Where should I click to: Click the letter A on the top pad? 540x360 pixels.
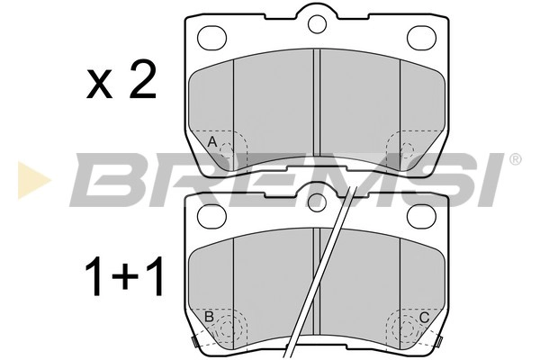click(212, 143)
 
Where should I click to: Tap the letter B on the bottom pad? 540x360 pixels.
click(209, 317)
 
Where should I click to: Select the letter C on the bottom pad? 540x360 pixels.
click(424, 317)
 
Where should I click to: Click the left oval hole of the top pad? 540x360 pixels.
click(212, 37)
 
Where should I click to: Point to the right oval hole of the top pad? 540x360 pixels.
click(421, 37)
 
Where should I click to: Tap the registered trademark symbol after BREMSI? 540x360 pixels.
click(515, 159)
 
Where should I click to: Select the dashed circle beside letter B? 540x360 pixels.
click(229, 328)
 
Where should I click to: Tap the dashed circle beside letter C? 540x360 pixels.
click(404, 328)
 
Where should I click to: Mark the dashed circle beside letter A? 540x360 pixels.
click(230, 149)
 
